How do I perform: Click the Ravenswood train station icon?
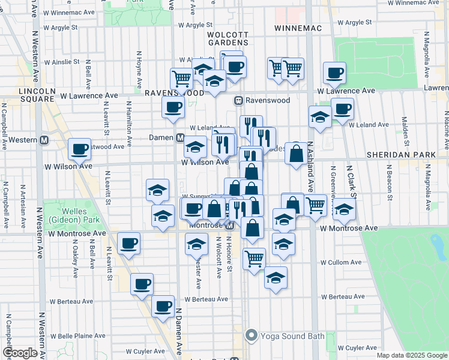[x=239, y=100]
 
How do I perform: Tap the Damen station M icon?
[x=180, y=137]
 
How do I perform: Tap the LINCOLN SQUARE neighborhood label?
[x=37, y=95]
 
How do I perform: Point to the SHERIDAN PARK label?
[x=403, y=155]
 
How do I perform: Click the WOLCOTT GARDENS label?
[x=228, y=38]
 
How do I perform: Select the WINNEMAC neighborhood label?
[x=298, y=28]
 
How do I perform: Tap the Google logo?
[x=20, y=353]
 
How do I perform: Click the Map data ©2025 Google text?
[x=412, y=355]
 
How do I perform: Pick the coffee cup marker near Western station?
[x=79, y=149]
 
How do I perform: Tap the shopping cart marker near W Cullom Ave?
[x=254, y=259]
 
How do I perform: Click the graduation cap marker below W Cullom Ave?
[x=276, y=277]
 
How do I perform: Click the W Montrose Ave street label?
[x=349, y=229]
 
